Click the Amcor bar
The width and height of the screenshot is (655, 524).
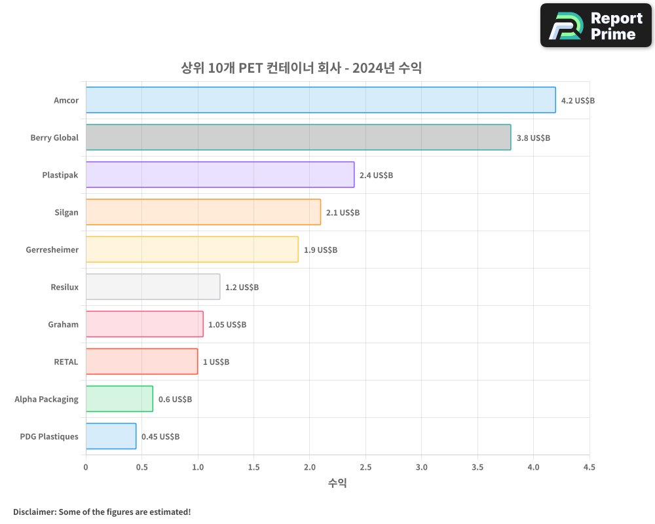(320, 100)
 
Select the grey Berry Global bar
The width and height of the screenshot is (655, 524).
(298, 138)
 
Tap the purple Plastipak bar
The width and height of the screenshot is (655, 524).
(219, 175)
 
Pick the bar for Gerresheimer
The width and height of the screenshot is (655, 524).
(192, 250)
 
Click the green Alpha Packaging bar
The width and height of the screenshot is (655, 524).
(119, 399)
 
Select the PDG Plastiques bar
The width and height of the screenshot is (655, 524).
(111, 436)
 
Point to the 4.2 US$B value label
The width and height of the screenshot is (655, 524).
(578, 100)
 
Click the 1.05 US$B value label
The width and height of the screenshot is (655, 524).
(227, 324)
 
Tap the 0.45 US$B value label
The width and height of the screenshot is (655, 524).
(160, 436)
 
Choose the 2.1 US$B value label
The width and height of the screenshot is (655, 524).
(343, 212)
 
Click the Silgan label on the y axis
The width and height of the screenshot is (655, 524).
(66, 212)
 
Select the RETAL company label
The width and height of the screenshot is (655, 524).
(65, 362)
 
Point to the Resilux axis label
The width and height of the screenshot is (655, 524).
(64, 287)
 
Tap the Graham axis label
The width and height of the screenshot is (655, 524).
(63, 324)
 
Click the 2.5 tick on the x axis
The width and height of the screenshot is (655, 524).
(365, 467)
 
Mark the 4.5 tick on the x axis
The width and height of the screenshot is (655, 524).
(589, 467)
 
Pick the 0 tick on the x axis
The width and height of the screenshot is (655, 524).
(86, 467)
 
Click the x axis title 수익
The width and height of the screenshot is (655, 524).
(337, 483)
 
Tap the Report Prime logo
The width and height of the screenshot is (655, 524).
(595, 26)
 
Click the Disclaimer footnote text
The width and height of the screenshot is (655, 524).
(102, 512)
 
